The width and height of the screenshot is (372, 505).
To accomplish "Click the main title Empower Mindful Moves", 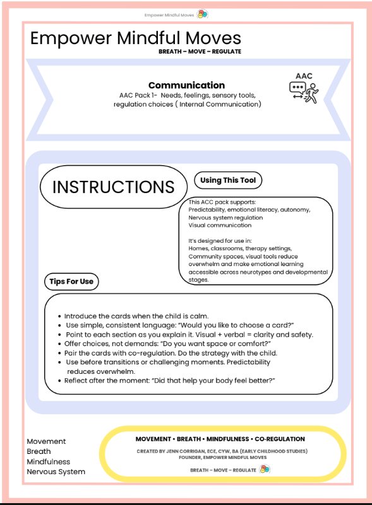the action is coord(135,38).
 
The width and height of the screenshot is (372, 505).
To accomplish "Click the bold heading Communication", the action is coord(186,85).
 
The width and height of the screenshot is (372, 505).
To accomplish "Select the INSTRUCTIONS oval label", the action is coord(113,187).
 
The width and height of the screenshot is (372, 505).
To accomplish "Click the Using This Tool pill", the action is coord(227,180).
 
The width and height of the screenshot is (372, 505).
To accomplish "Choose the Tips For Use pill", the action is coord(71,282).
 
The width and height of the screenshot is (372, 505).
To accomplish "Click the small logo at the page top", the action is coord(202,14).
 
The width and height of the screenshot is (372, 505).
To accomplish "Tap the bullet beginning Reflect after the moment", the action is coord(170,381).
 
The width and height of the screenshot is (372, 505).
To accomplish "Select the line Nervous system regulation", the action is coord(225,218).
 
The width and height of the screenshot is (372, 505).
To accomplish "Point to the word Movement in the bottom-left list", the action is coord(46,441).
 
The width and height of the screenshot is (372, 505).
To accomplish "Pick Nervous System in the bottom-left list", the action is coord(56,472).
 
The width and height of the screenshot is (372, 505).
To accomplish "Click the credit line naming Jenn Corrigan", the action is coord(220,451).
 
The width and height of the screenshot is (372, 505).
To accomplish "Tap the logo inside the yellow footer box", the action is coord(265,469).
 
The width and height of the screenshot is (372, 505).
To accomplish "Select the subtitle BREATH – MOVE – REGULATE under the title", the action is coord(200,52).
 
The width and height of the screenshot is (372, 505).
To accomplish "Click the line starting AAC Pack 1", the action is coord(186,96).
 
